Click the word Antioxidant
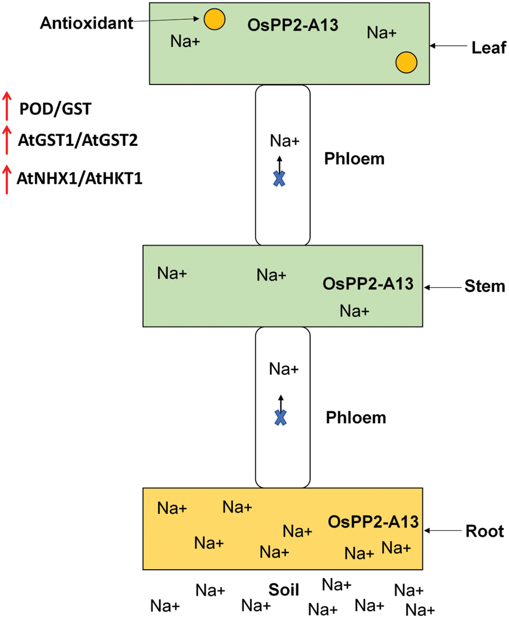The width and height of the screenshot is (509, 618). (x=87, y=22)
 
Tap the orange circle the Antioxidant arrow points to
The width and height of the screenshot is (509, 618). (x=214, y=19)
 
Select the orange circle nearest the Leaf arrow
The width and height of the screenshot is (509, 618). (x=407, y=62)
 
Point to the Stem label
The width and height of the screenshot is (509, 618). (x=485, y=287)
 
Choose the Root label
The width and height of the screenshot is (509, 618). (x=485, y=531)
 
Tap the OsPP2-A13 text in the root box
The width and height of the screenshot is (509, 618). (x=373, y=522)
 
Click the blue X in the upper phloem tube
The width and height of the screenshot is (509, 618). (x=279, y=178)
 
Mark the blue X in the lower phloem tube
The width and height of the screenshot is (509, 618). (x=280, y=418)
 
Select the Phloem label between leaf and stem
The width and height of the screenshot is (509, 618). (x=354, y=159)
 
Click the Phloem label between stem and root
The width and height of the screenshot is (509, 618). (x=356, y=418)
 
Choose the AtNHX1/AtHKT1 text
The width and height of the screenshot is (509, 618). (x=79, y=179)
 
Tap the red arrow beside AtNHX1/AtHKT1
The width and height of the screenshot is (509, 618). (x=7, y=179)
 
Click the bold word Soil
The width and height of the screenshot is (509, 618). (x=284, y=591)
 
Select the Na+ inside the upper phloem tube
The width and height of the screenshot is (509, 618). (x=285, y=141)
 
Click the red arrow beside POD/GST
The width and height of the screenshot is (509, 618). (x=7, y=106)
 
